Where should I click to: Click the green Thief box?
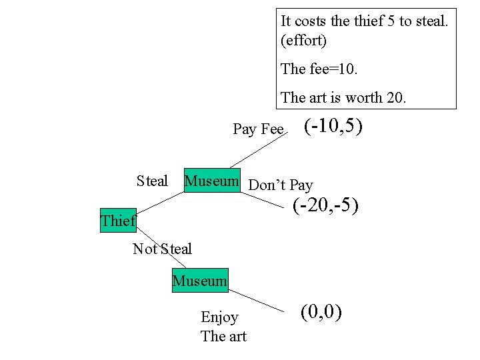[118, 221]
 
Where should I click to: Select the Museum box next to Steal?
[211, 181]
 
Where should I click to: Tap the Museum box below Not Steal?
[199, 281]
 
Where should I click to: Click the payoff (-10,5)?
[333, 126]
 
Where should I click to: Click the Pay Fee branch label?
[258, 129]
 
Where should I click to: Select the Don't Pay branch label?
[280, 185]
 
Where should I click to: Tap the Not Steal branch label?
[162, 249]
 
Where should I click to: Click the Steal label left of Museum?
[152, 181]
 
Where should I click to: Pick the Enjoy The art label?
[223, 327]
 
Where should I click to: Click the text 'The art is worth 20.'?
[343, 97]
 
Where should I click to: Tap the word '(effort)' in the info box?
[304, 41]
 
